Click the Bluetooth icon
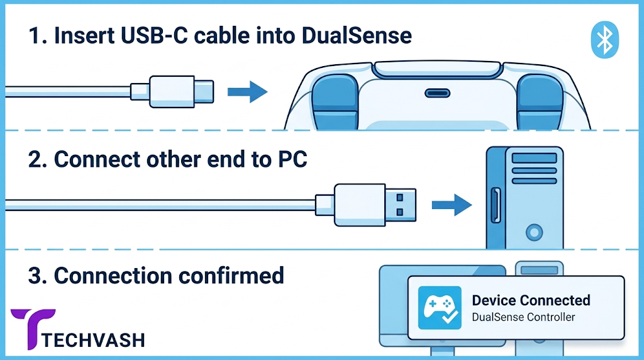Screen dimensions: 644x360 604,40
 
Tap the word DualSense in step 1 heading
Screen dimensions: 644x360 357,35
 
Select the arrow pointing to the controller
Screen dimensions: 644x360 248,91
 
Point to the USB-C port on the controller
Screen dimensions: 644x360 437,93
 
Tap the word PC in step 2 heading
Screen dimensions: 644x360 293,159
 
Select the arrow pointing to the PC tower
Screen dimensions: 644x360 452,205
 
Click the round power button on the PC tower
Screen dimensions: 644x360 534,233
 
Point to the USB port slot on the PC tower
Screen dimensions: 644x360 496,205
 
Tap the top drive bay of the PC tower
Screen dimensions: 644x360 535,158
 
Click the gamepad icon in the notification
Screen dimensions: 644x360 440,308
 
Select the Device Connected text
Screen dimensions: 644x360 531,300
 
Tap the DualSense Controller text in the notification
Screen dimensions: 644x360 523,317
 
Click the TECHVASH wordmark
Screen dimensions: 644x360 93,340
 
